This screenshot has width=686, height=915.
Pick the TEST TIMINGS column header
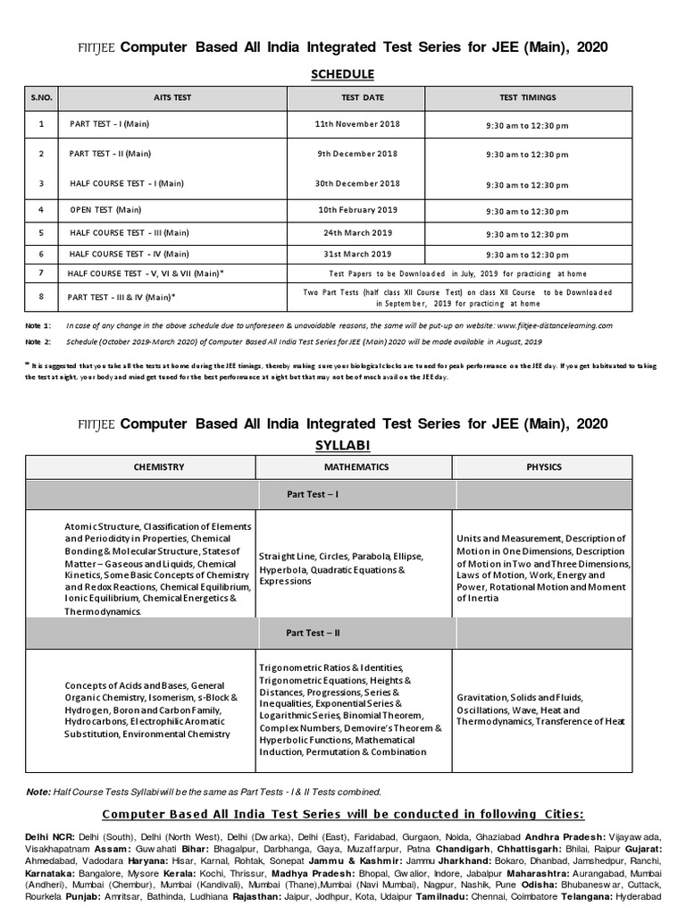point(527,97)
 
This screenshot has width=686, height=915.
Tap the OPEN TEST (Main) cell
point(105,211)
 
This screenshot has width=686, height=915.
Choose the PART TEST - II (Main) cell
point(110,154)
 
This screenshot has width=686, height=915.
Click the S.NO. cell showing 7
point(41,272)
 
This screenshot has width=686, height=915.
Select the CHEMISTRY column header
point(159,466)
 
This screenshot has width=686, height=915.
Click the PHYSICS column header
point(556,466)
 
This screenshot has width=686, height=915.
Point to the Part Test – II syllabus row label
point(312,633)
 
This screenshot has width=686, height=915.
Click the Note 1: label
point(38,326)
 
